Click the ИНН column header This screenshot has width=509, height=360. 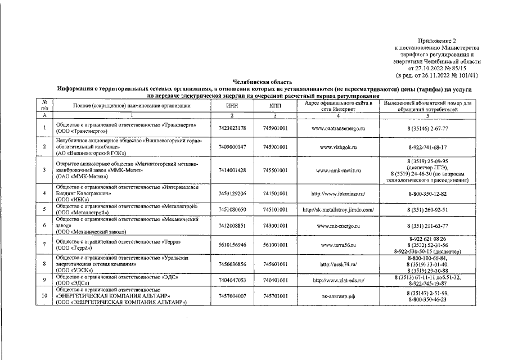click(x=232, y=106)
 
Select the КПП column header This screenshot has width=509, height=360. click(x=275, y=106)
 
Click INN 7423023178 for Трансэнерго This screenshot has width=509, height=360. click(x=232, y=128)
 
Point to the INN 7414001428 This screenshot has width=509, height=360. click(x=232, y=170)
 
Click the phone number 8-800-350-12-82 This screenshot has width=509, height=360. click(x=427, y=193)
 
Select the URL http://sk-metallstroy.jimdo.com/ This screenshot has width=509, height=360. click(x=339, y=210)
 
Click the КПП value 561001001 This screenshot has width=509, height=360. click(x=275, y=245)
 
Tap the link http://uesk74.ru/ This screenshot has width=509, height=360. click(x=339, y=263)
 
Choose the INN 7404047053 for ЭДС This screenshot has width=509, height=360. click(x=232, y=280)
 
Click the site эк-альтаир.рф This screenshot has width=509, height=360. click(x=339, y=296)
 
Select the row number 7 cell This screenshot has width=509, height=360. click(x=43, y=245)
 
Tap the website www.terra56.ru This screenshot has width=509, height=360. click(x=339, y=245)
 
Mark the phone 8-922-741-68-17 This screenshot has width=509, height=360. click(x=427, y=147)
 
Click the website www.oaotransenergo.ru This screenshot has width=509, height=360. click(x=339, y=128)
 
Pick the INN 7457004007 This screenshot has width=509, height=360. click(x=232, y=296)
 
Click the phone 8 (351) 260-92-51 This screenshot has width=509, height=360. click(x=427, y=210)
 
